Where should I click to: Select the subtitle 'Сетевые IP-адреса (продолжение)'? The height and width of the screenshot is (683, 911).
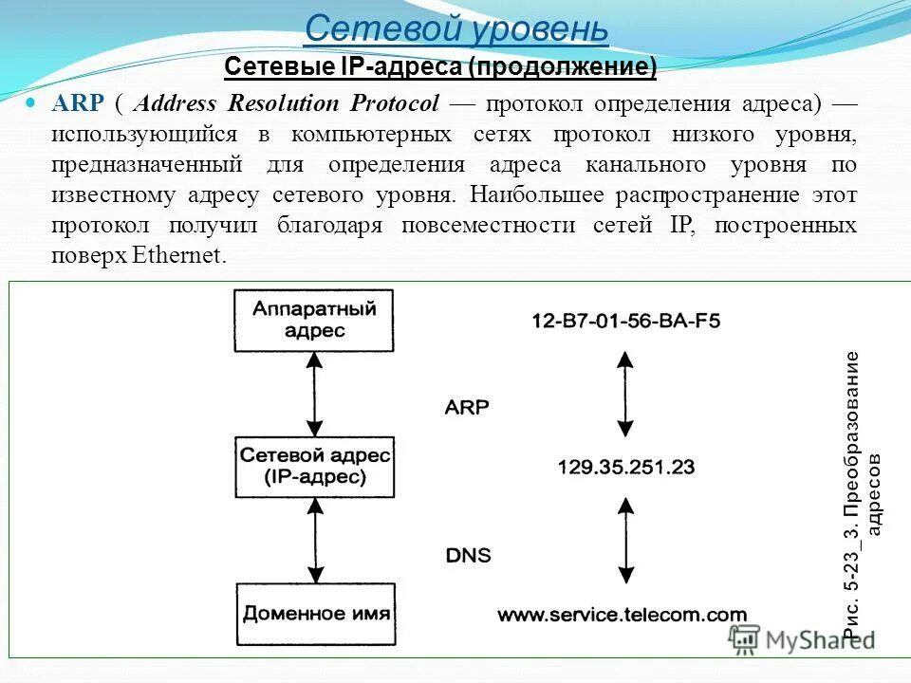coord(440,67)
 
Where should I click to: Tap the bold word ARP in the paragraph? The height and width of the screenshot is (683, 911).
coord(78,103)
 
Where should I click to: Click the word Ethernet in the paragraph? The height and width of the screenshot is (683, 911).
coord(179,256)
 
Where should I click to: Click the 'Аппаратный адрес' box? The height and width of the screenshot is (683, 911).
coord(315,321)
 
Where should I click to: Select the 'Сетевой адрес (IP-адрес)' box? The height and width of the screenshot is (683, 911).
coord(315,466)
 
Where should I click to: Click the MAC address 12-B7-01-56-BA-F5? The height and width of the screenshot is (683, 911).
coord(625,321)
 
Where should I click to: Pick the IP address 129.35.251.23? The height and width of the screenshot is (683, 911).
coord(625,467)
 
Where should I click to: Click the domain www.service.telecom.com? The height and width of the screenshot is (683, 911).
coord(622,614)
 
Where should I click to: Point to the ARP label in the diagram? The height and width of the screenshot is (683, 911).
coord(467,408)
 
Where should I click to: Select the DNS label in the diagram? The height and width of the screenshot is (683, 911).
coord(468,555)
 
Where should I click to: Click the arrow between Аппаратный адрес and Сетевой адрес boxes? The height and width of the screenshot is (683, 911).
coord(315,393)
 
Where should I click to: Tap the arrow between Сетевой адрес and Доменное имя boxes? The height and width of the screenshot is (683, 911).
coord(315,540)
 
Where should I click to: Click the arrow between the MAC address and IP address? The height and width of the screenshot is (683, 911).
coord(624,393)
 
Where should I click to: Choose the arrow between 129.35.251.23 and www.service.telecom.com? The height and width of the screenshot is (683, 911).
coord(624,541)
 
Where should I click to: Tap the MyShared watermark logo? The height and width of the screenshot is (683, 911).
coord(802,639)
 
